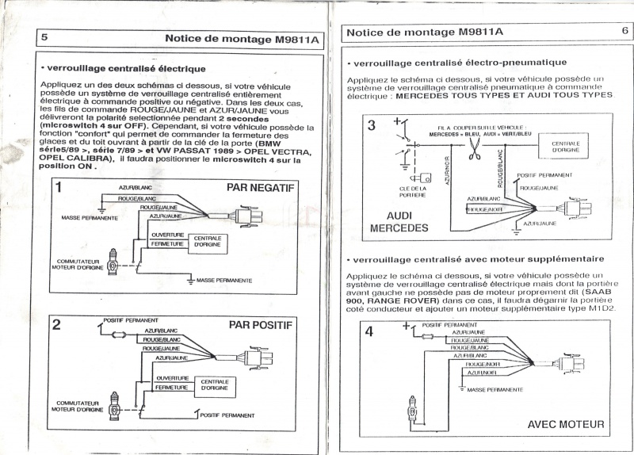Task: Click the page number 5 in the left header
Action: [x=44, y=37]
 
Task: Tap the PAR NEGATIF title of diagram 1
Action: [x=260, y=189]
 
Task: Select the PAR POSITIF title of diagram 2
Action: [x=261, y=324]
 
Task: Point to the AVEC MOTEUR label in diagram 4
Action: [x=565, y=424]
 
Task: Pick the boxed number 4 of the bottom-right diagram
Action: [x=369, y=331]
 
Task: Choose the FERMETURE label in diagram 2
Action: [x=171, y=388]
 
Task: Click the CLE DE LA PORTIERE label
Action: [x=413, y=191]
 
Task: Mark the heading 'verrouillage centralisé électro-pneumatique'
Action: [x=460, y=62]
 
